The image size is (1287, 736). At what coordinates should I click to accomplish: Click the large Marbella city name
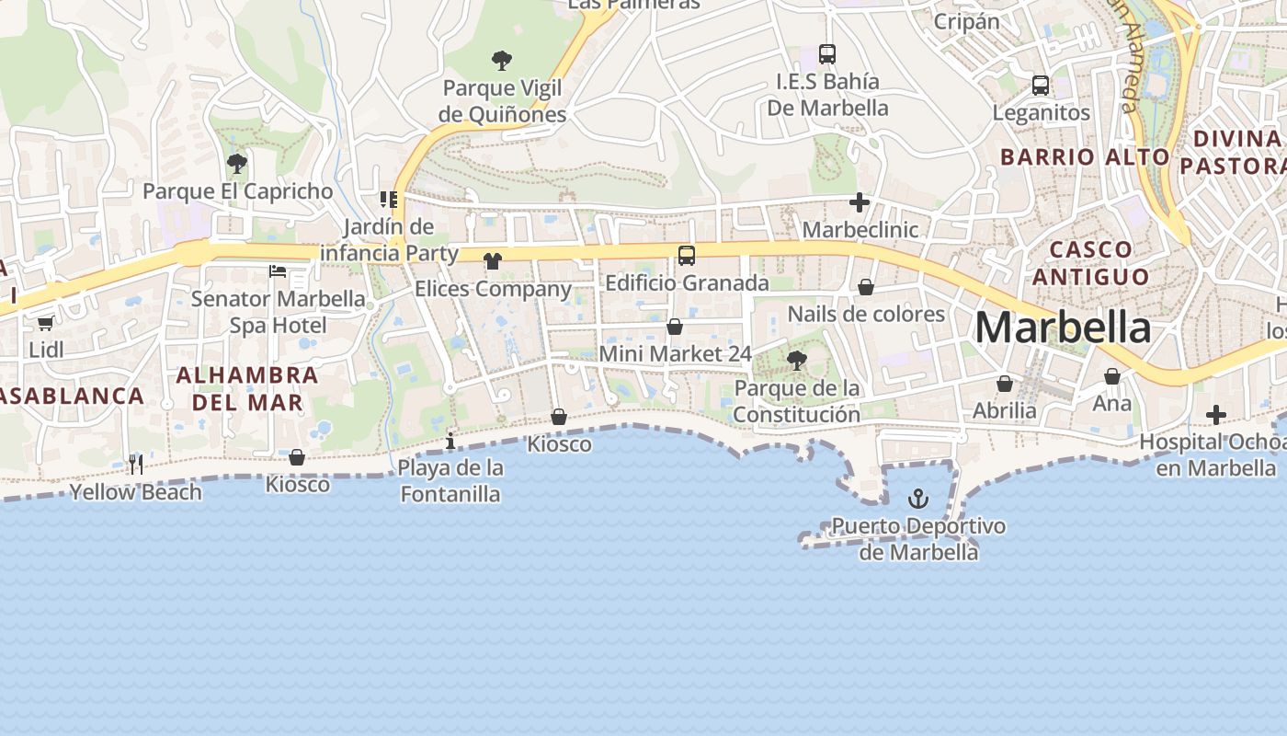point(1062,328)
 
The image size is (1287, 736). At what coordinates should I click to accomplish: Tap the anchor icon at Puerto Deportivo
point(917,499)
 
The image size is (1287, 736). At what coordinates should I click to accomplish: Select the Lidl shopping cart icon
point(46,323)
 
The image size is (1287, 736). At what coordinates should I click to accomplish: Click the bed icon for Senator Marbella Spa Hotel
point(278,270)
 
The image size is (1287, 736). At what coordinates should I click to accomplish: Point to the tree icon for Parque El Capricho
point(237,165)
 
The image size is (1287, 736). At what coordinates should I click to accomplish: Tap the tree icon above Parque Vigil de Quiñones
point(501,61)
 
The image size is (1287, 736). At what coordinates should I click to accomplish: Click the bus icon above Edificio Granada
point(687,256)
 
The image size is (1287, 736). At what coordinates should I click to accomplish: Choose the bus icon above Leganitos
point(1041,86)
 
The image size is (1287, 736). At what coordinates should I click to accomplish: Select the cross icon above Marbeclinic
point(860,202)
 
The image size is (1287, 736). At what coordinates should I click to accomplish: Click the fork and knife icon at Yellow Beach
point(136,465)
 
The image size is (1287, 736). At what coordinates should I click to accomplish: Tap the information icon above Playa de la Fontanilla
point(450,441)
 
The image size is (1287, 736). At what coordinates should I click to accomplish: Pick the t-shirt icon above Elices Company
point(493,261)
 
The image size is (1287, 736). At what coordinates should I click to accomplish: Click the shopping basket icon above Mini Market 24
point(675,327)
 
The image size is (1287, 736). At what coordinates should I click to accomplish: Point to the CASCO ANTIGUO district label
point(1090,263)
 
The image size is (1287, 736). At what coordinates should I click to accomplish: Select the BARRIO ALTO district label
point(1085,156)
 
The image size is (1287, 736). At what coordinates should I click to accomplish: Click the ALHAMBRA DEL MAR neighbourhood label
point(247,388)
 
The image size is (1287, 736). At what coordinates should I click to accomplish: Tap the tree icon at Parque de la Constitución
point(797,361)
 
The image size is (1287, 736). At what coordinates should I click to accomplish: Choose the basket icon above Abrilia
point(1005,384)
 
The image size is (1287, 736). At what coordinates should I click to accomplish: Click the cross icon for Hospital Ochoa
point(1216,415)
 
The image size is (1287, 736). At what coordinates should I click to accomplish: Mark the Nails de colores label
point(866,314)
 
